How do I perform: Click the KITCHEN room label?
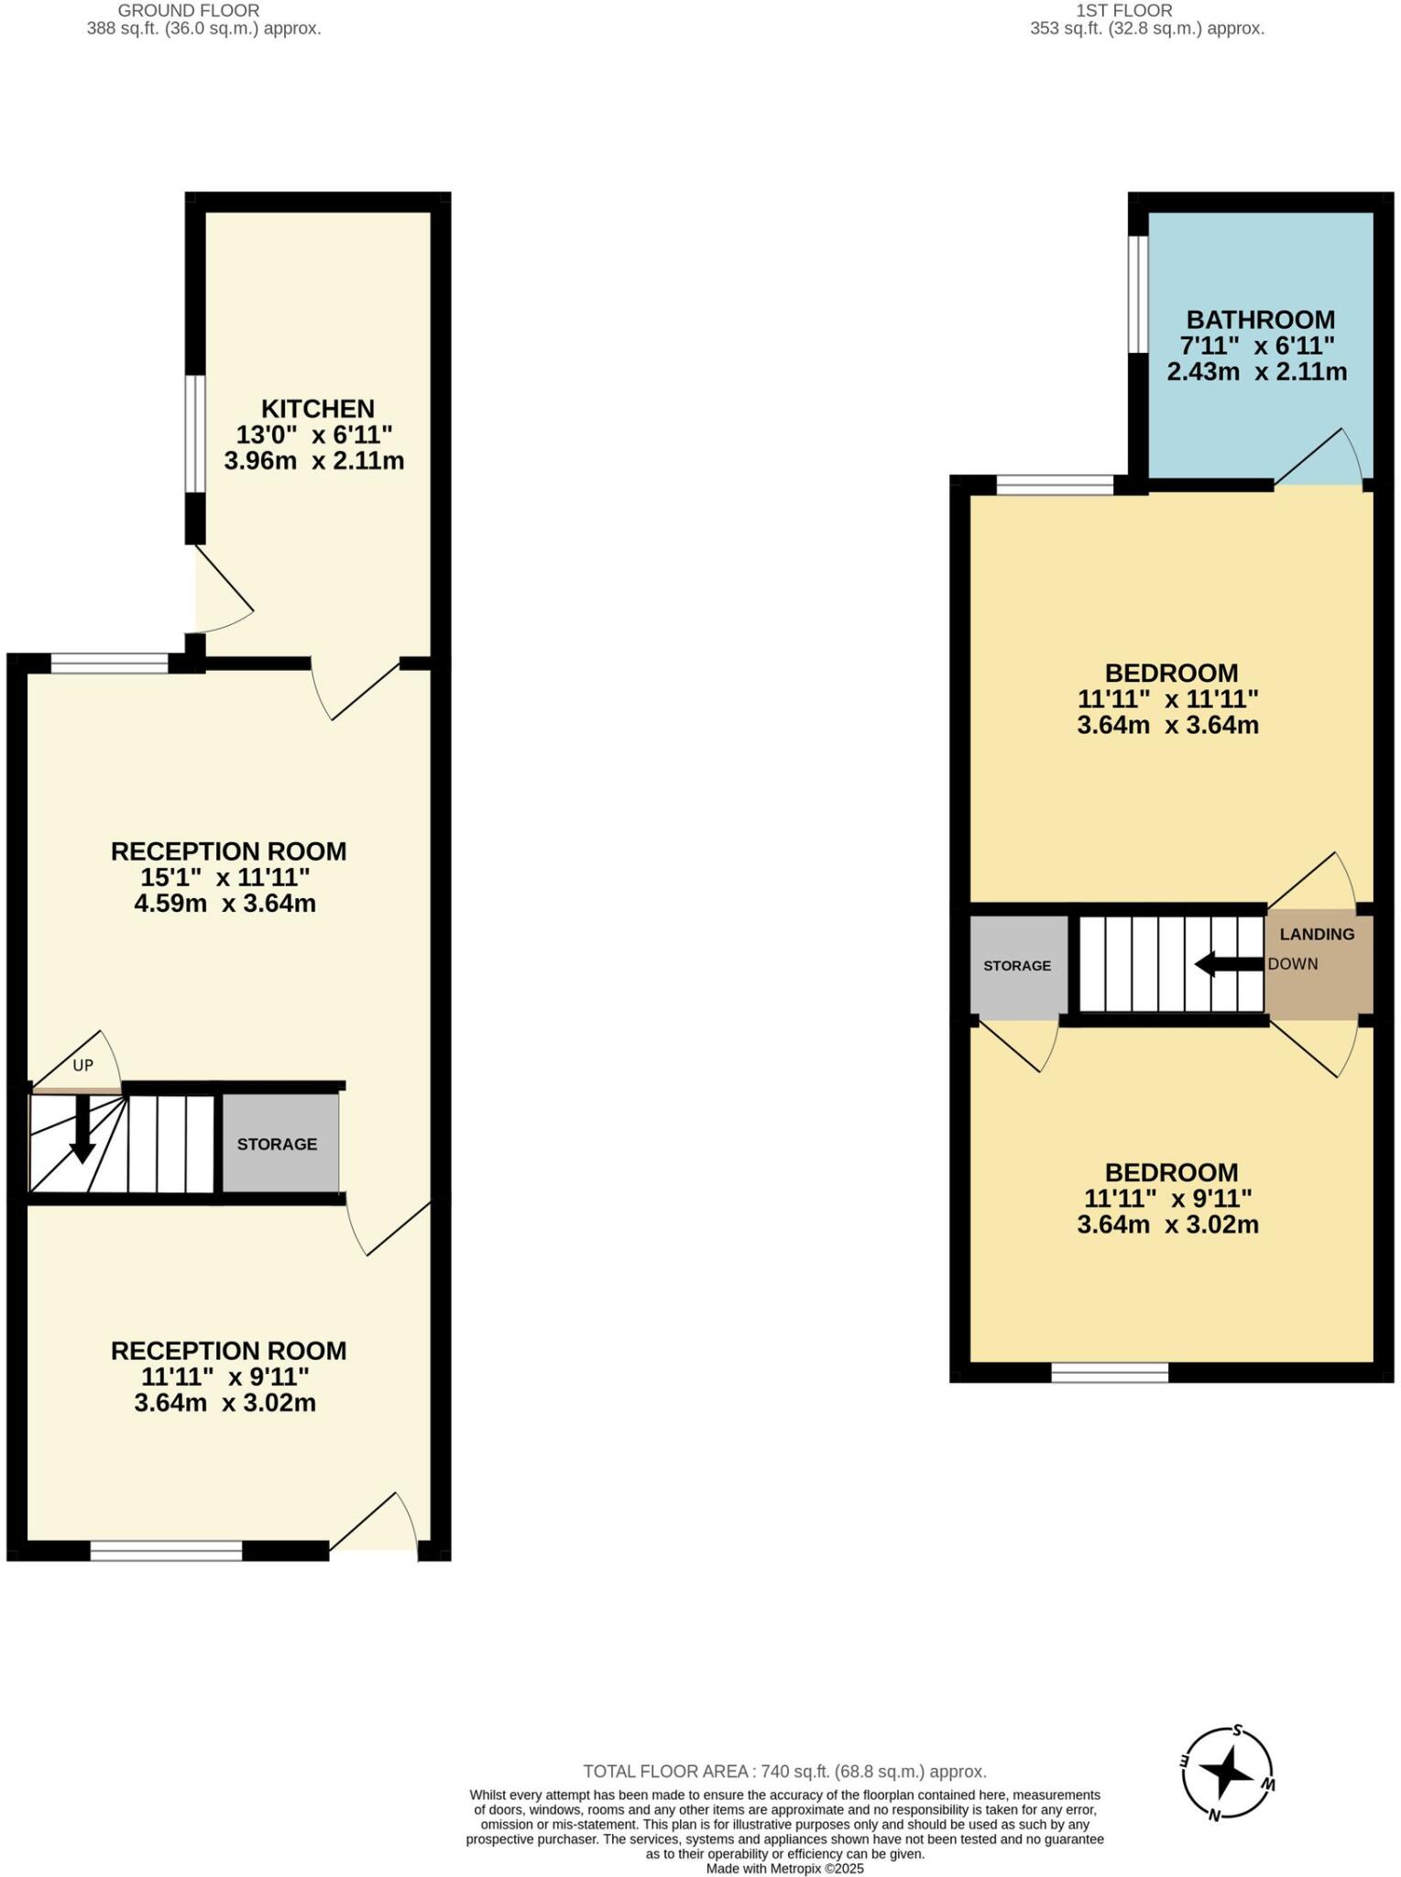[317, 408]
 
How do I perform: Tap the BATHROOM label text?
[1260, 320]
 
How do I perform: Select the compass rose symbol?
[1227, 1773]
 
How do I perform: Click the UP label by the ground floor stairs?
[83, 1066]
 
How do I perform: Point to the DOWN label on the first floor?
[1293, 964]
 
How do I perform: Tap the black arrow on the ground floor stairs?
[82, 1128]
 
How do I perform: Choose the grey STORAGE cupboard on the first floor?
[1018, 966]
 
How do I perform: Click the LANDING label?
[1317, 934]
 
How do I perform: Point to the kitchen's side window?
[194, 434]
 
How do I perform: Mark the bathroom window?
[1137, 294]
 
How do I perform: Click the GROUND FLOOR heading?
[189, 11]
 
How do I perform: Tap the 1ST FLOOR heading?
[1123, 11]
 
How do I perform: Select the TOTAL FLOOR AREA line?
[784, 1772]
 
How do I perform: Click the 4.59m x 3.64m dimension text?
[224, 904]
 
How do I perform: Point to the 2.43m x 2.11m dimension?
[1256, 372]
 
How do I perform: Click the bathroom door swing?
[1319, 457]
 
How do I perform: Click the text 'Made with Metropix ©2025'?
[784, 1868]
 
